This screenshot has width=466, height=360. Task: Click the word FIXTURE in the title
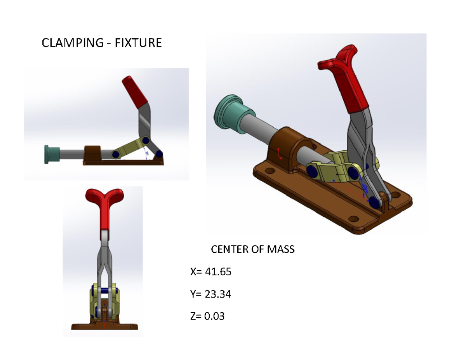click(138, 42)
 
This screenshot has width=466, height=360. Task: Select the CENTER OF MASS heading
click(252, 249)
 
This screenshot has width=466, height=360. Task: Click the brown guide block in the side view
click(92, 153)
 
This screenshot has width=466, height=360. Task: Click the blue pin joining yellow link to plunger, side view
click(115, 155)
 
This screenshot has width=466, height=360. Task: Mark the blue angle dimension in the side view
click(147, 153)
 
